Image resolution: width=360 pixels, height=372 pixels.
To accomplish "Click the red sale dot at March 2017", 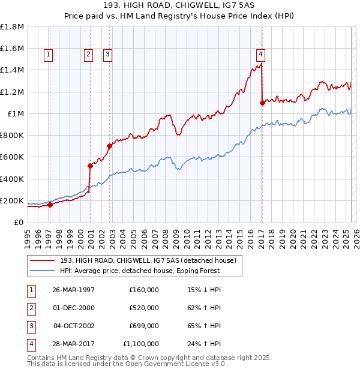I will coord(262,103).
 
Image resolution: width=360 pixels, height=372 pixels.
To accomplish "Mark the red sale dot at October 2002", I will coord(110,146).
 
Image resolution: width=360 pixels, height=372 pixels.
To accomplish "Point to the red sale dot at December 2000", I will coord(90,166).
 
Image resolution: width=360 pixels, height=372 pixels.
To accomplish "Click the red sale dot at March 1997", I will coord(50,205).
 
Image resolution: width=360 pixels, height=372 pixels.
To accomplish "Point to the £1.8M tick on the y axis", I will coord(12,27).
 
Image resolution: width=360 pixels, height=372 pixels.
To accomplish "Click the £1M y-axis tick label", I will coord(14,113).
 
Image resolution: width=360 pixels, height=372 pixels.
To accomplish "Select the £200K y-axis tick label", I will coord(12,200).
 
